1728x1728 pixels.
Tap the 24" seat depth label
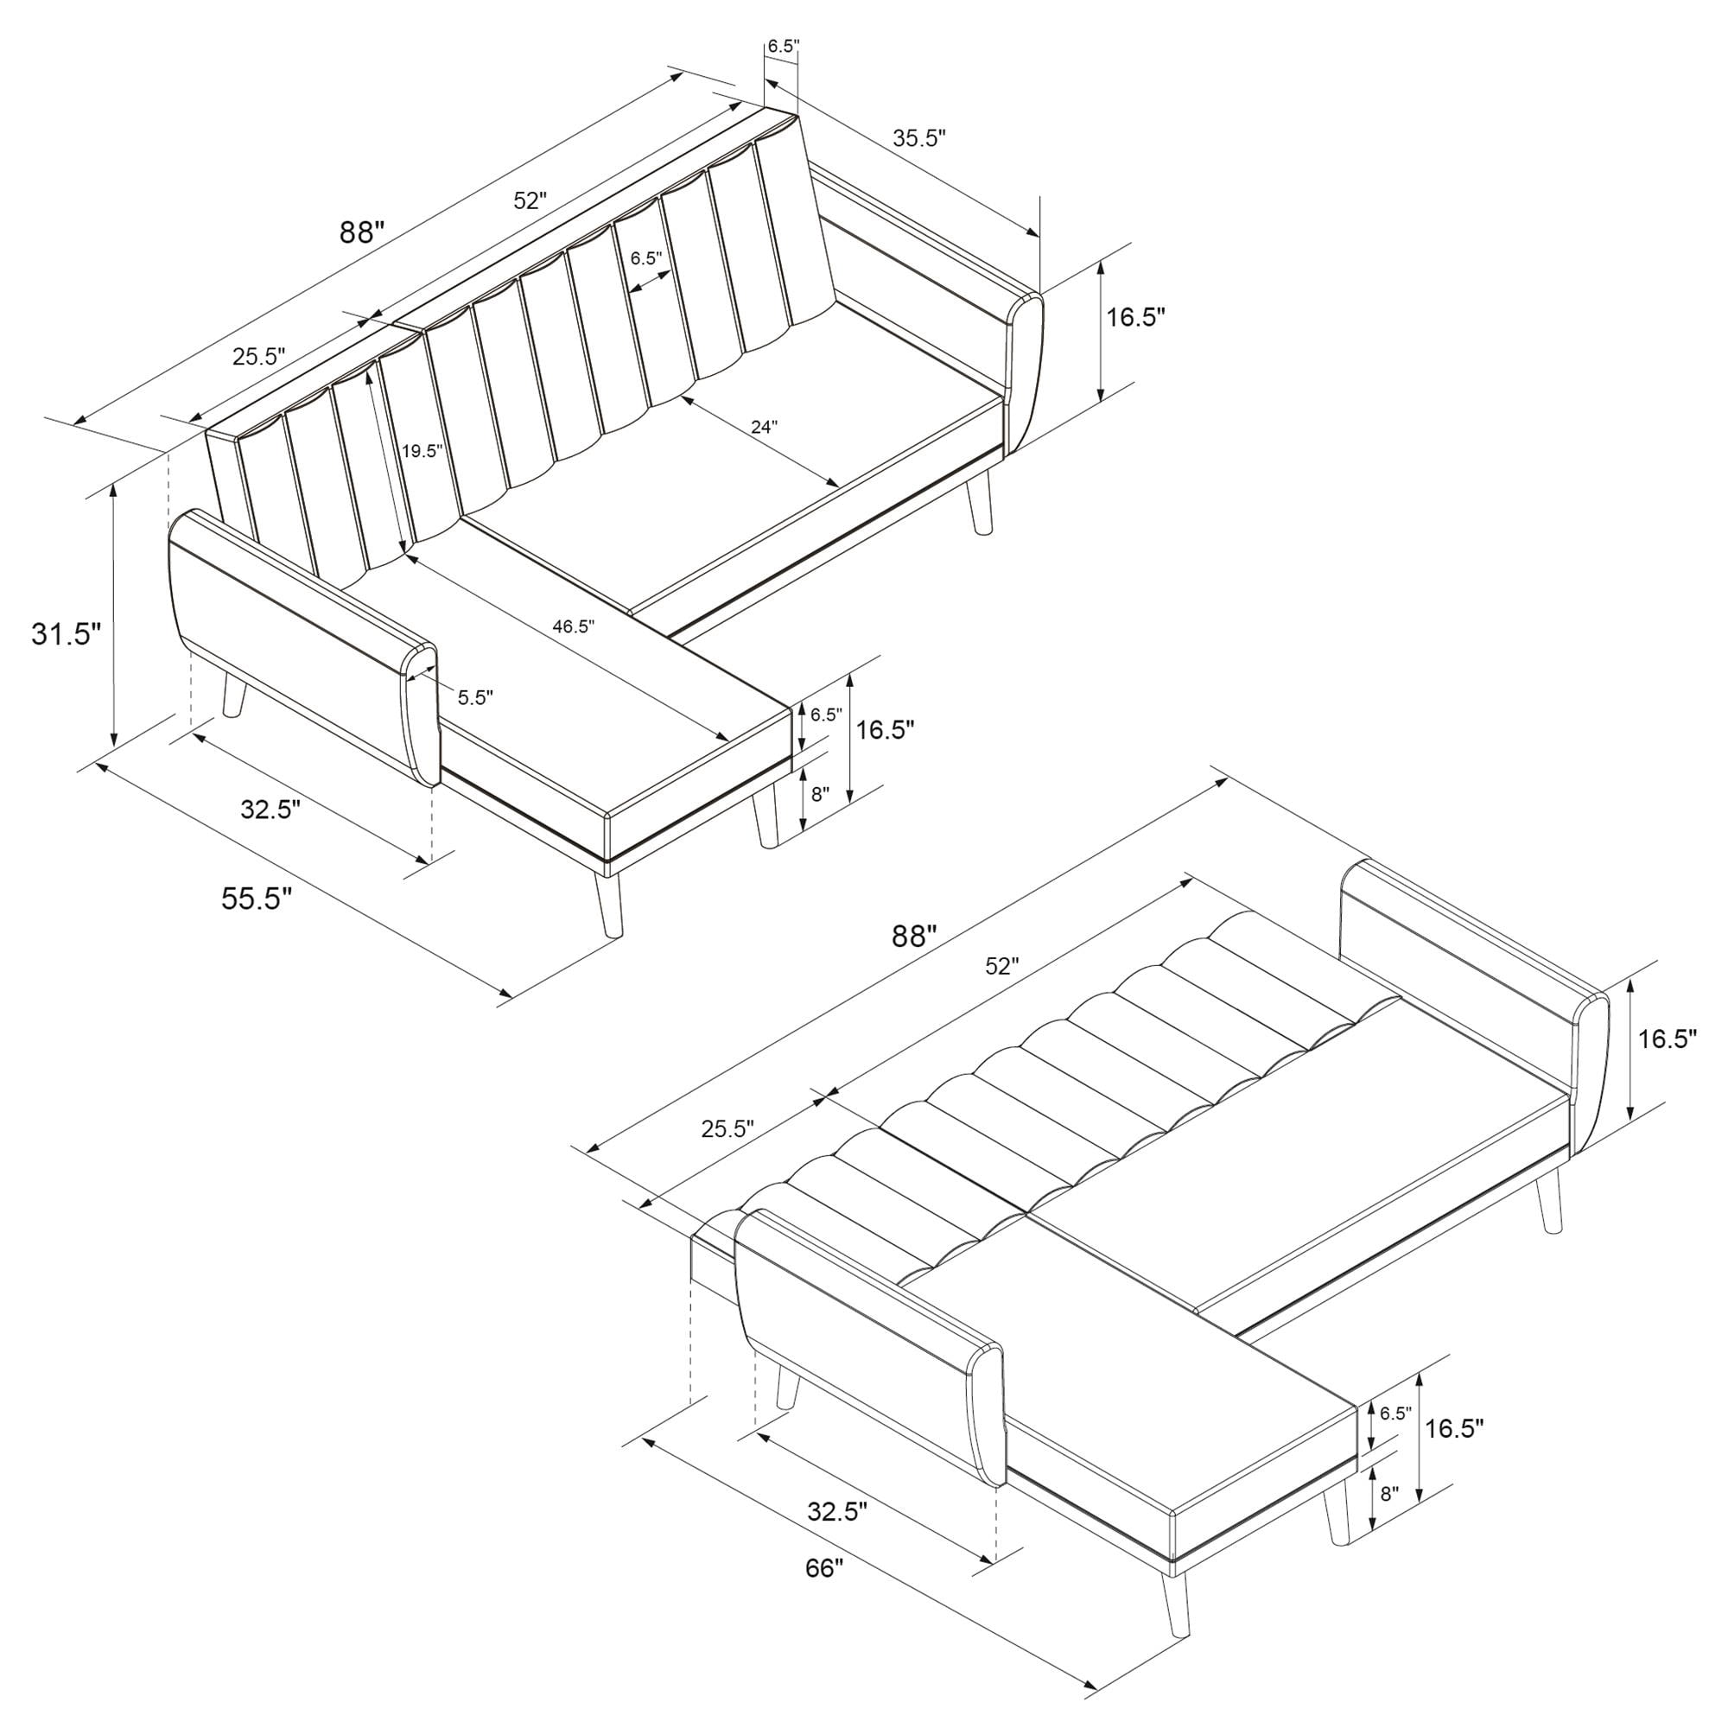point(764,427)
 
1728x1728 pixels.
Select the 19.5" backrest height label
point(422,451)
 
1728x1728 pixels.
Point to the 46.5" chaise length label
point(573,626)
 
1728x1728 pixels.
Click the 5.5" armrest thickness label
point(475,697)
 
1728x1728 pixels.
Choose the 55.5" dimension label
point(257,897)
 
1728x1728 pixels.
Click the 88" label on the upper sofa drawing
point(361,232)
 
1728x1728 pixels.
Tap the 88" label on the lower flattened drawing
point(914,937)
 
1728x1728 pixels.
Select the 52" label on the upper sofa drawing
point(530,200)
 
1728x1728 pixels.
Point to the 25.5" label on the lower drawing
point(727,1128)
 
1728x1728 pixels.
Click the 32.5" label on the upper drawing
point(270,810)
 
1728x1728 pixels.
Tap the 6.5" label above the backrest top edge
point(783,47)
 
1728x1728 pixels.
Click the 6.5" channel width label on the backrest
point(645,258)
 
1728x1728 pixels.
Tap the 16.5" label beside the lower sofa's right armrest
point(1668,1039)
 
